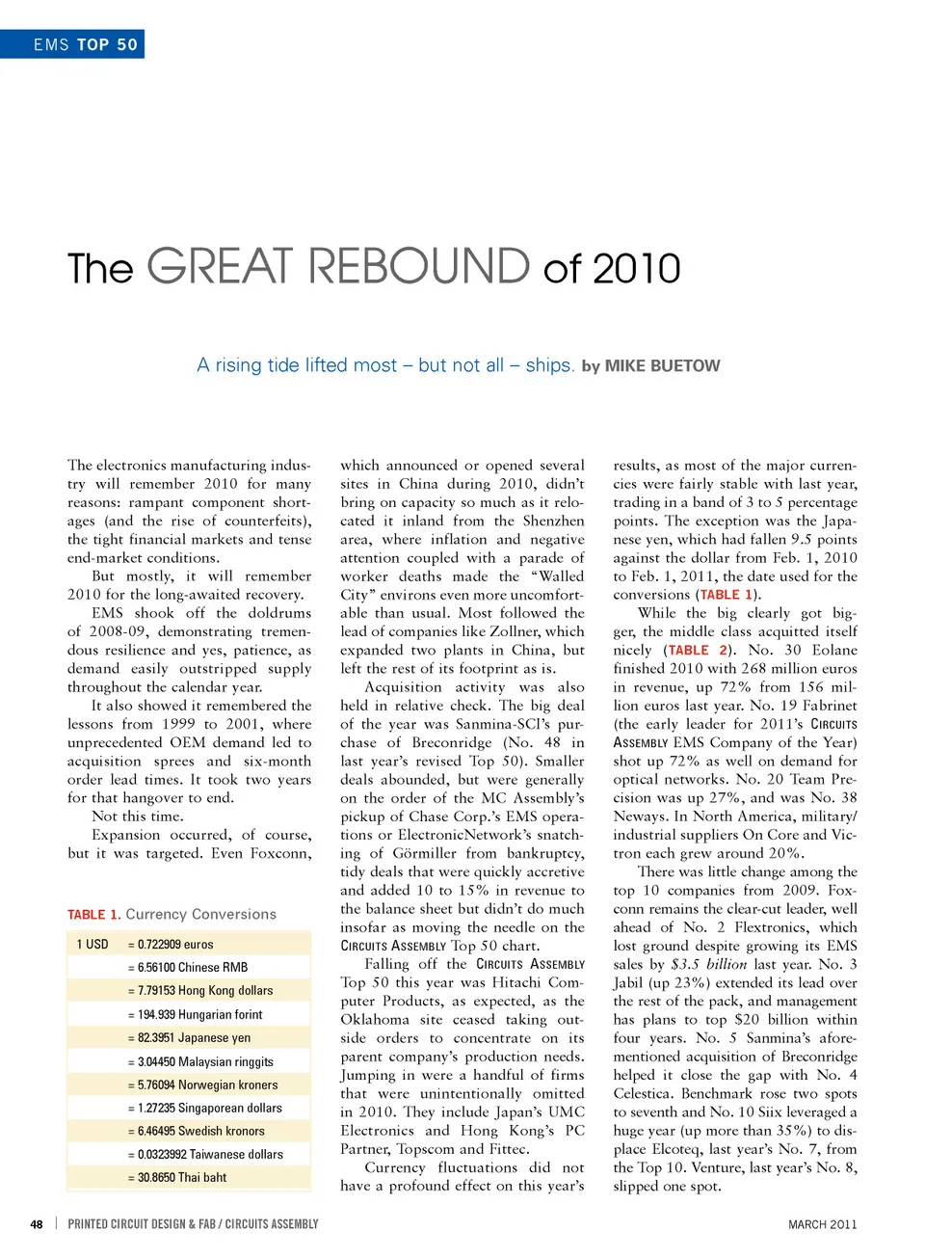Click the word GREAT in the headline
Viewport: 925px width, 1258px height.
[219, 267]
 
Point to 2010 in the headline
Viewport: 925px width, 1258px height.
[636, 269]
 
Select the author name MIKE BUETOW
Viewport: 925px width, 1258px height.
[662, 366]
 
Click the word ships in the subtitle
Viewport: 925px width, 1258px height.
[549, 365]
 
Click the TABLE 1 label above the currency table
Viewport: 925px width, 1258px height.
[93, 915]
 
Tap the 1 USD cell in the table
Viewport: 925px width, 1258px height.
[92, 945]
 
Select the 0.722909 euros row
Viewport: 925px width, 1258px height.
[171, 945]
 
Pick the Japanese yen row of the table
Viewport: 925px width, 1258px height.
[189, 1038]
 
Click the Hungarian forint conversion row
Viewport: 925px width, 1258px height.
[195, 1015]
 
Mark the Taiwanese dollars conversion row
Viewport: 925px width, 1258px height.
[205, 1155]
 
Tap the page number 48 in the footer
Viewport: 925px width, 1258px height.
[37, 1224]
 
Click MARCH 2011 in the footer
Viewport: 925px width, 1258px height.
[822, 1224]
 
